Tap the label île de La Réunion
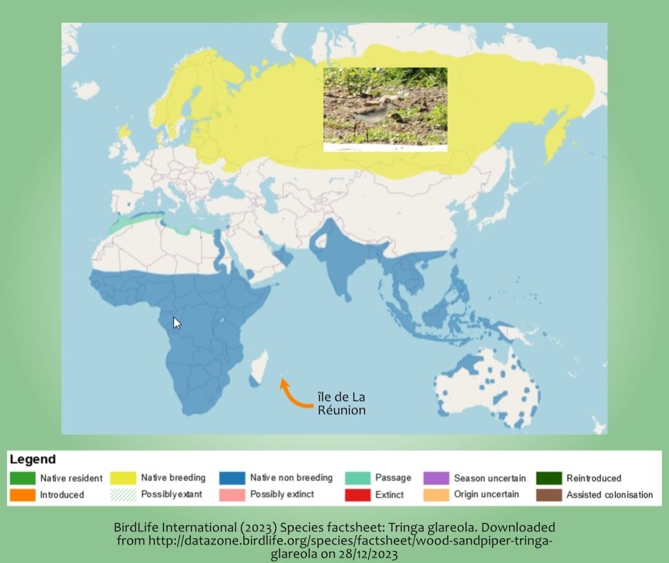pyautogui.click(x=341, y=404)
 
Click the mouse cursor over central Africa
pyautogui.click(x=177, y=323)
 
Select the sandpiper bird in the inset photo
pyautogui.click(x=372, y=114)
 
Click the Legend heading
pyautogui.click(x=32, y=460)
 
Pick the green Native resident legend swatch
pyautogui.click(x=22, y=478)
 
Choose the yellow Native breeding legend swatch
pyautogui.click(x=123, y=478)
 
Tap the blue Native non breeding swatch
pyautogui.click(x=232, y=478)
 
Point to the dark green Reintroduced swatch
pyautogui.click(x=548, y=478)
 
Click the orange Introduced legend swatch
pyautogui.click(x=22, y=495)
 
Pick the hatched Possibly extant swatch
pyautogui.click(x=123, y=495)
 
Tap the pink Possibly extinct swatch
pyautogui.click(x=232, y=495)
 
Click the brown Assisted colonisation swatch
pyautogui.click(x=548, y=495)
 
